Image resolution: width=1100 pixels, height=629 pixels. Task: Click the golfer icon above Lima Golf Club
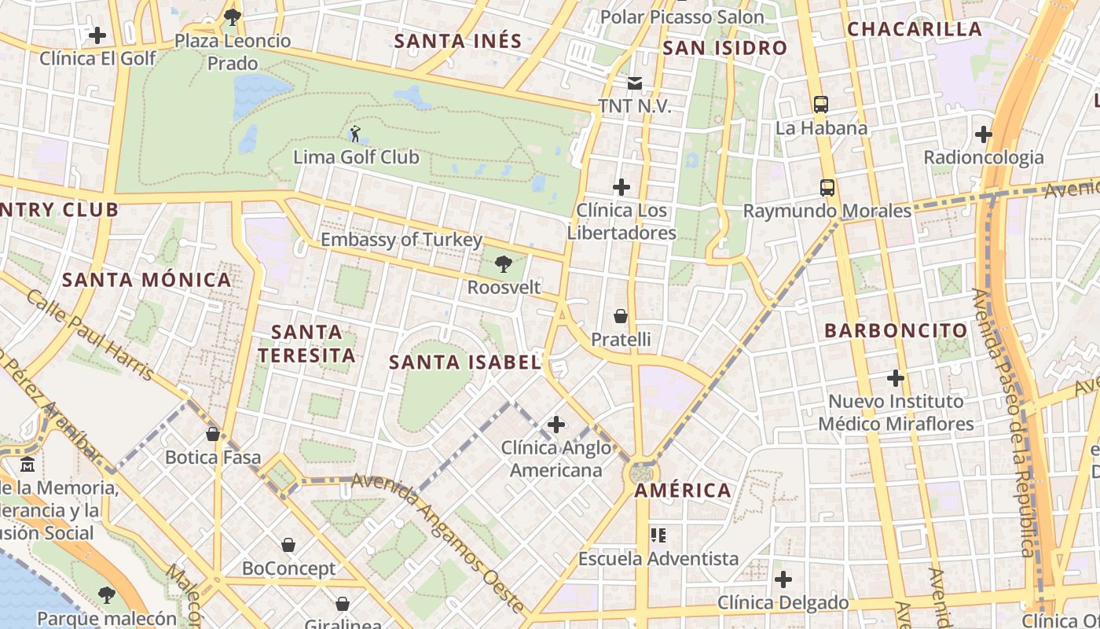click(355, 134)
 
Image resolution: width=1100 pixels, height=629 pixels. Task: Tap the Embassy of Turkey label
click(401, 240)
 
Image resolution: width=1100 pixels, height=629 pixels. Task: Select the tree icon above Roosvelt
click(504, 264)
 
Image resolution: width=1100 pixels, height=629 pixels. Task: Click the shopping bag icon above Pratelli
click(621, 316)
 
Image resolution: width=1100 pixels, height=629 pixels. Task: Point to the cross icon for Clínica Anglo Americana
click(556, 425)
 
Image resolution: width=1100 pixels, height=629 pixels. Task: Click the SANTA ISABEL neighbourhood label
click(465, 362)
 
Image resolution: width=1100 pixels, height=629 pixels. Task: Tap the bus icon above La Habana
click(820, 104)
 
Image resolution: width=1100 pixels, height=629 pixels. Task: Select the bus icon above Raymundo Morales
click(827, 187)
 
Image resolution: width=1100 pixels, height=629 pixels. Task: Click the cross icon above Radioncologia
click(983, 134)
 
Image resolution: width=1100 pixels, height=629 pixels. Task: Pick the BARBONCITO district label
click(896, 330)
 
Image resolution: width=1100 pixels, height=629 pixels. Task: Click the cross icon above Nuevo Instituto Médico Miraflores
click(896, 378)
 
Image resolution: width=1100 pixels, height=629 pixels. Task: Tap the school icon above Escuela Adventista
click(658, 535)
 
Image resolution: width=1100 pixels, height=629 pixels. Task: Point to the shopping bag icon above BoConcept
click(288, 545)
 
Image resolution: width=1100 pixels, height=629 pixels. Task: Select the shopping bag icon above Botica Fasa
click(212, 433)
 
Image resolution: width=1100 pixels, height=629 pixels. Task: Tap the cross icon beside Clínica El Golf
click(97, 35)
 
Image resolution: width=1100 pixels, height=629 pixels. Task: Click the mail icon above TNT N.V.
click(634, 83)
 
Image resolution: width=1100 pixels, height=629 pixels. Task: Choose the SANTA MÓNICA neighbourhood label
click(147, 280)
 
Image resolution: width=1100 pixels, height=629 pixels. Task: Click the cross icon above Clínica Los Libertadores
click(621, 187)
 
